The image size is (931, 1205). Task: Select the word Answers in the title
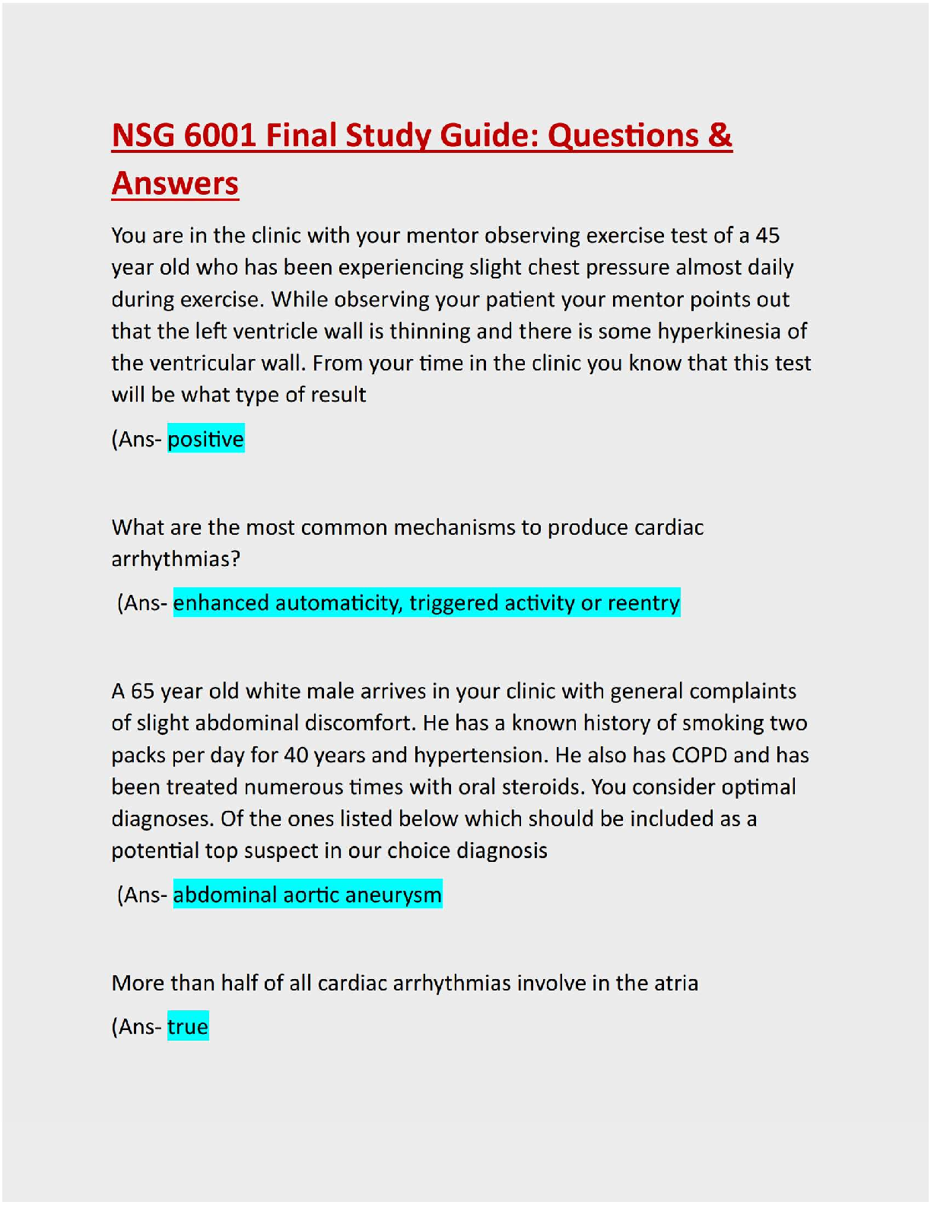(175, 184)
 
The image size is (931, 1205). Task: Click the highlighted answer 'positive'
(205, 439)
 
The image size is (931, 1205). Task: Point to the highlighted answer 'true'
(187, 1027)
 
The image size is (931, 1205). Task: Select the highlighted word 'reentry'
(643, 603)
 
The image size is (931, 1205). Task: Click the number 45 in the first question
(767, 236)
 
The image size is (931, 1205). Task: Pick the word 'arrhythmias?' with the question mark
(176, 559)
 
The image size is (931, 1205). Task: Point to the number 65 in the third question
(142, 692)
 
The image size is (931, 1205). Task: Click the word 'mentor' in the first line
(442, 236)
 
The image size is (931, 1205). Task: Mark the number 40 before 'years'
(296, 755)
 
